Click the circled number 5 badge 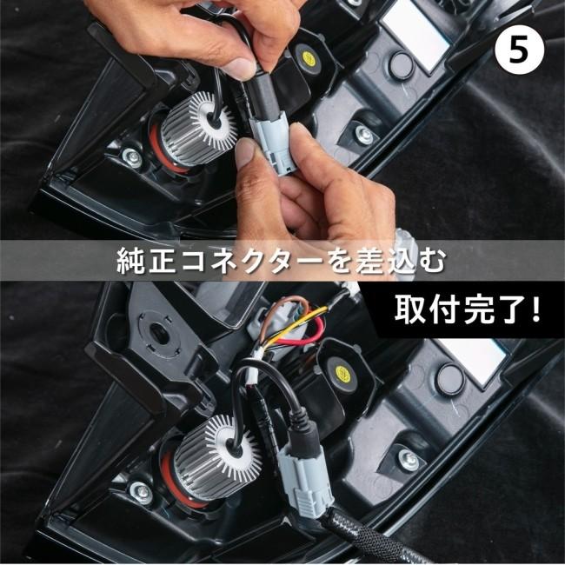point(519,49)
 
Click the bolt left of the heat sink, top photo point(131,157)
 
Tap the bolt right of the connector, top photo point(364,136)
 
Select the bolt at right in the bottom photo point(408,459)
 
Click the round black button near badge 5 point(401,63)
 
